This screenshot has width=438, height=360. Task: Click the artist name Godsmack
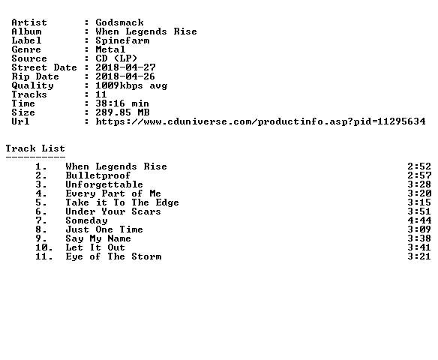(119, 22)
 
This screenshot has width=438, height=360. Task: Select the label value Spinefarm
(122, 40)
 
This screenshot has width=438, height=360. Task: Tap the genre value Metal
(110, 49)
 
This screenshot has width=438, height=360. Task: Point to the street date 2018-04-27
(125, 67)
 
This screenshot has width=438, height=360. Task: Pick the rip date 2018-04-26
(125, 76)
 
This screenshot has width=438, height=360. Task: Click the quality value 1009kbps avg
(131, 85)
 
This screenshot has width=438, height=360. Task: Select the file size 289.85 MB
(122, 112)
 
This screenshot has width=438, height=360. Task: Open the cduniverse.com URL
(260, 121)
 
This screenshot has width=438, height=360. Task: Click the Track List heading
(35, 148)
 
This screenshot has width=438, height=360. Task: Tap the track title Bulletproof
(98, 175)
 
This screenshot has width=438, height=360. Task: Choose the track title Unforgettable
(104, 184)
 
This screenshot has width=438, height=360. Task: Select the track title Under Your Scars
(113, 211)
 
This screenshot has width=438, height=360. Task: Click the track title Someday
(86, 220)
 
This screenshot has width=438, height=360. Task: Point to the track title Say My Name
(98, 238)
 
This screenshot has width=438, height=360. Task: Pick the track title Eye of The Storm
(113, 256)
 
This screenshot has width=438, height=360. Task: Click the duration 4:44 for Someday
(419, 220)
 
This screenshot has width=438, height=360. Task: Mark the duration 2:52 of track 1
(419, 166)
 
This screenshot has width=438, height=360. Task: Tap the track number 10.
(43, 247)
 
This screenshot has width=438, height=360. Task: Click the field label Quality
(32, 85)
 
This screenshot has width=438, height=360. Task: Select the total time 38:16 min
(122, 103)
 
